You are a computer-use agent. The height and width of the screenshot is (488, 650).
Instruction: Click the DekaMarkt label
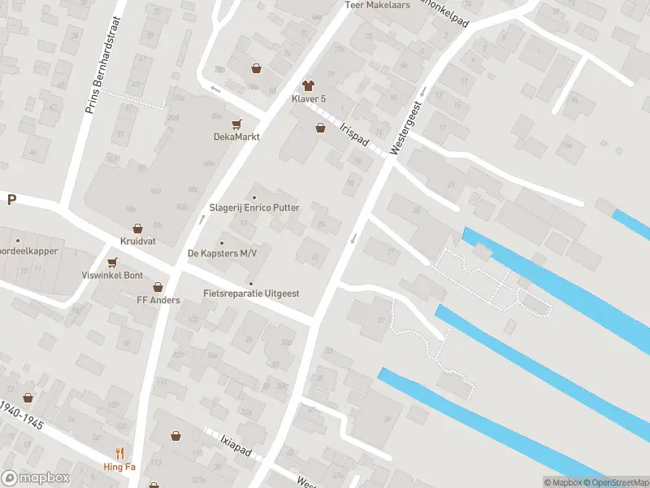[236, 137]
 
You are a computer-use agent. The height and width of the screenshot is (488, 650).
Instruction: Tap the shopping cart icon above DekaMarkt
[236, 124]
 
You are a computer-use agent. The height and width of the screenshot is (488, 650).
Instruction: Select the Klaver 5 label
[309, 99]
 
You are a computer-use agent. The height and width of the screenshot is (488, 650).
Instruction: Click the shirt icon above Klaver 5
[308, 85]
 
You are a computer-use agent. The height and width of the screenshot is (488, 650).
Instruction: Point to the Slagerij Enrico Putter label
[254, 208]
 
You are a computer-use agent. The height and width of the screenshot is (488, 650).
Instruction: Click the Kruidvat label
[136, 242]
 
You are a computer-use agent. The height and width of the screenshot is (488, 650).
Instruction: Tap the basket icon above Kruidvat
[137, 229]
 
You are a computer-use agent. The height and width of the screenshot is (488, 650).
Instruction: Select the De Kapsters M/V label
[223, 254]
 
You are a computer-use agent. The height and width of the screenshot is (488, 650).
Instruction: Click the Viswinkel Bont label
[112, 276]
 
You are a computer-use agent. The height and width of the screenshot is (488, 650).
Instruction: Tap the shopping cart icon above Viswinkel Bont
[112, 262]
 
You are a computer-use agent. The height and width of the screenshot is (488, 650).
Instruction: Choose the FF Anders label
[158, 299]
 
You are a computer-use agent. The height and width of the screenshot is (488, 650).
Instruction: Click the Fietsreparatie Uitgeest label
[251, 293]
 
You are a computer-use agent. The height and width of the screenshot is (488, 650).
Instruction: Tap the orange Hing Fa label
[119, 467]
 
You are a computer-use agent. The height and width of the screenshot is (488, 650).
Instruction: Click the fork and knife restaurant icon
[120, 453]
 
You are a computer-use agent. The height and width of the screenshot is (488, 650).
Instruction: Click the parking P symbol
[11, 200]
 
